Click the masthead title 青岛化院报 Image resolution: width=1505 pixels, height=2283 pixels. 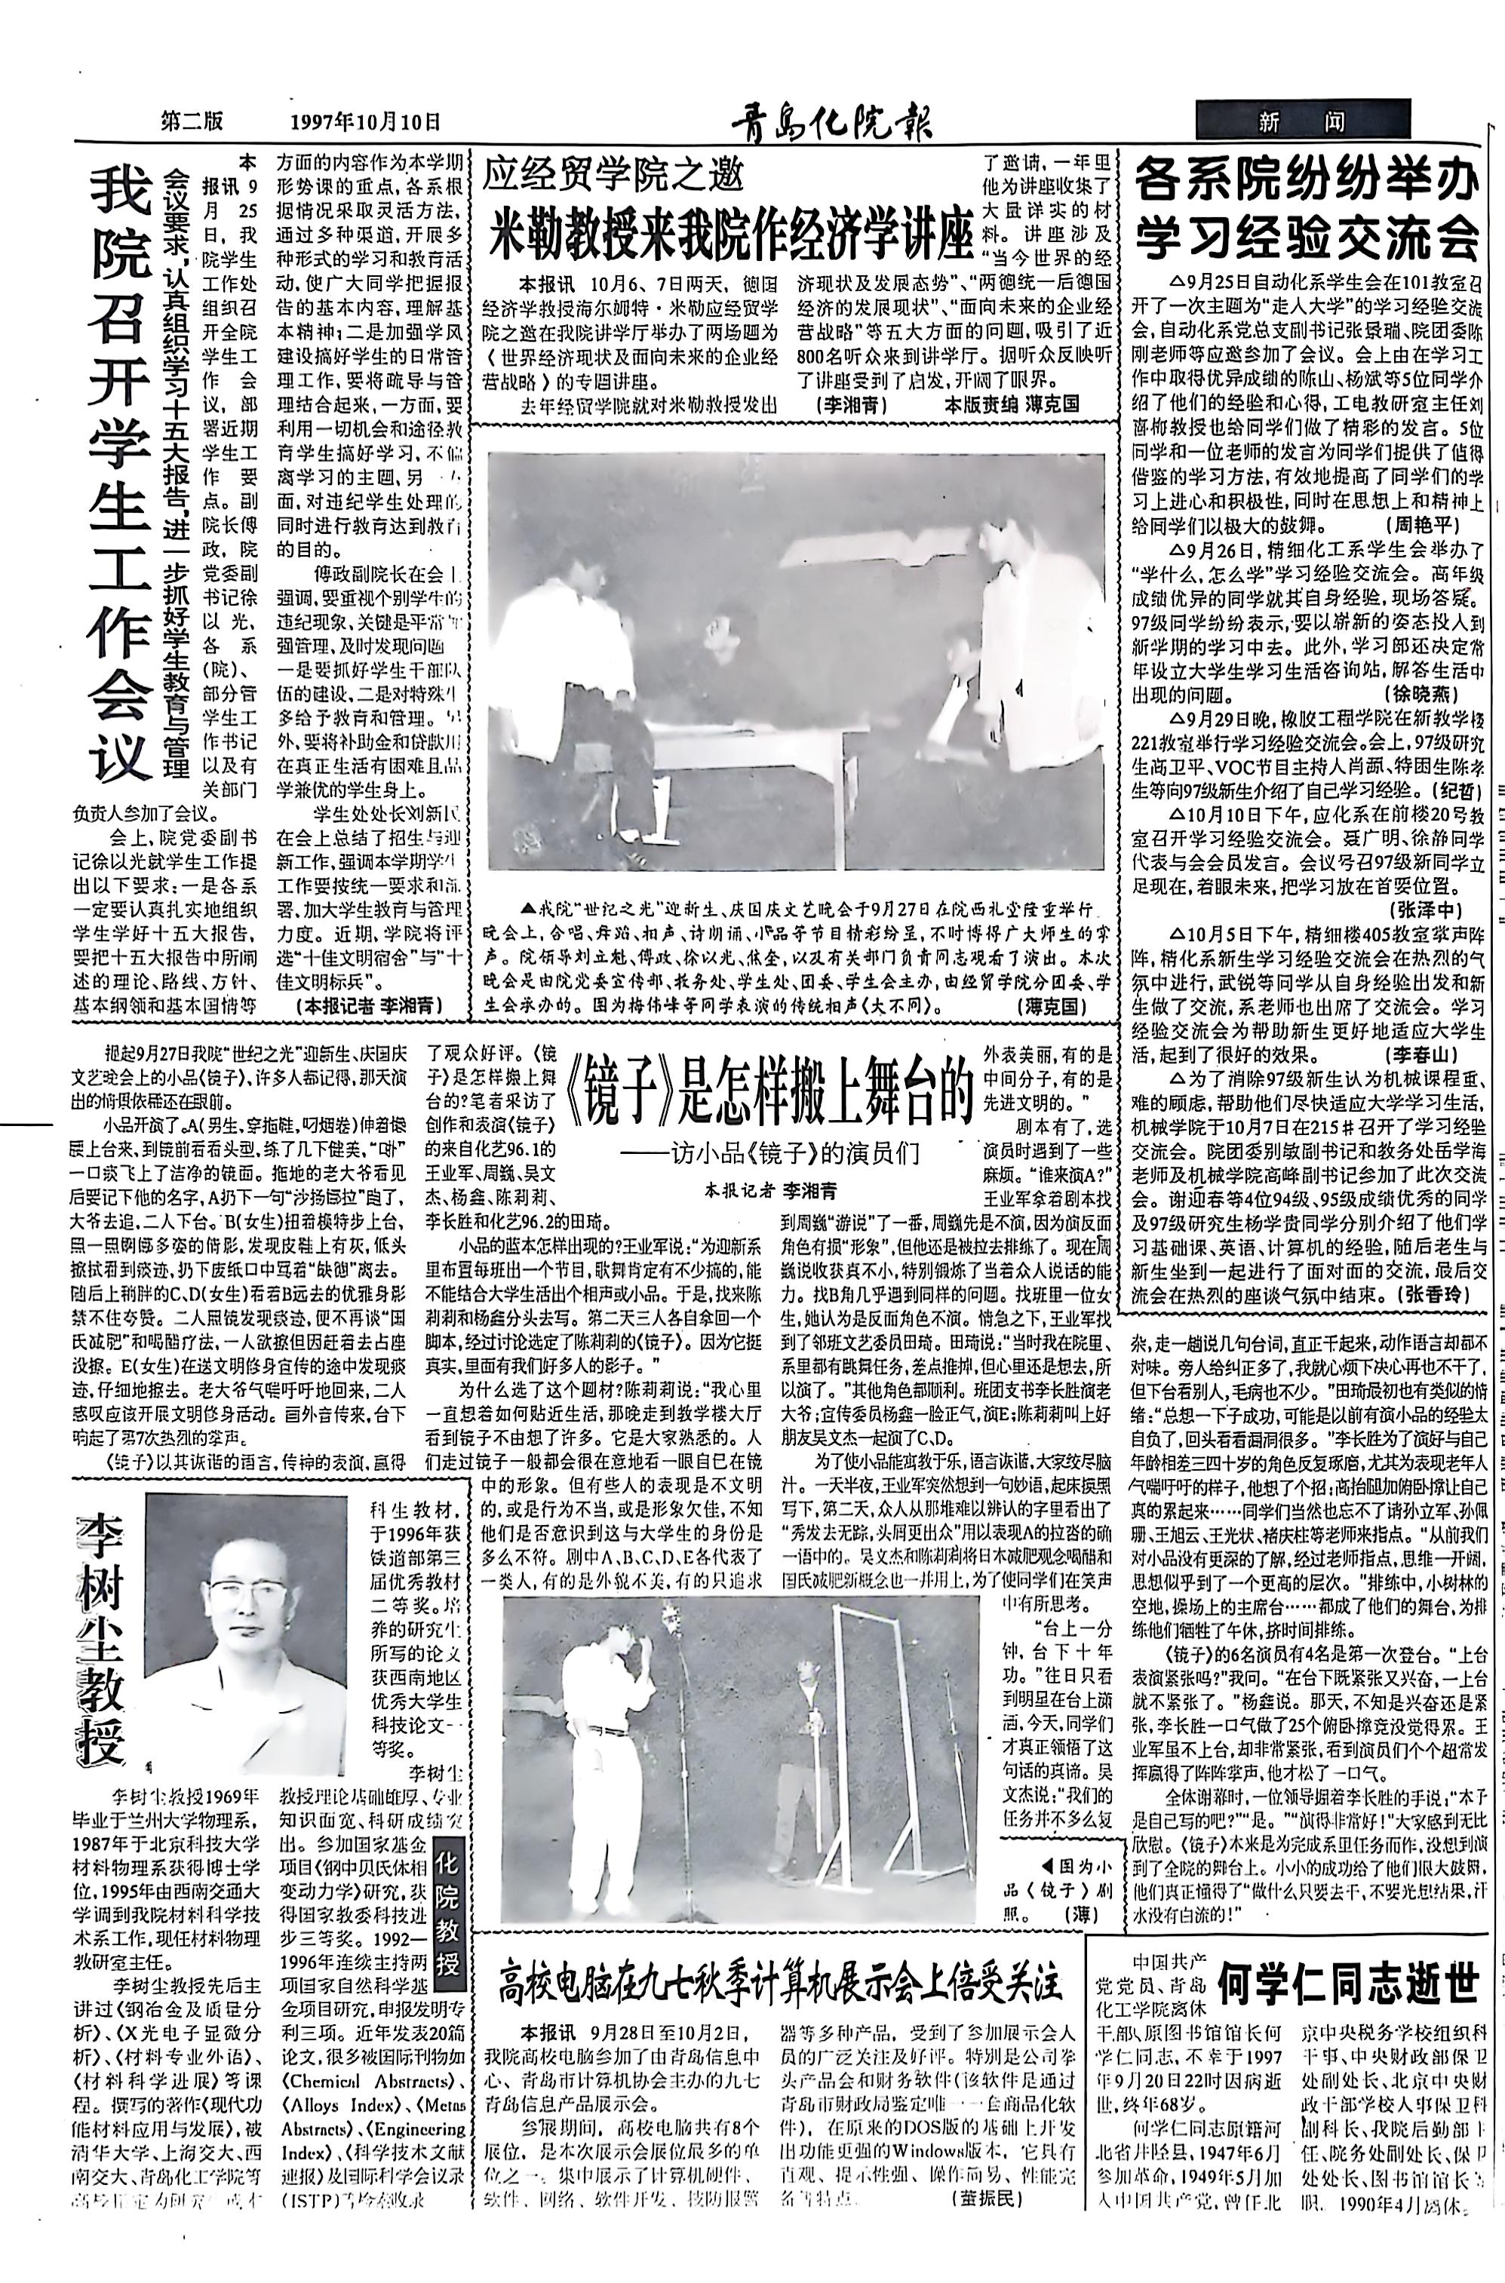coord(831,122)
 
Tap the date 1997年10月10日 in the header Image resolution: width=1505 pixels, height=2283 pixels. coord(364,122)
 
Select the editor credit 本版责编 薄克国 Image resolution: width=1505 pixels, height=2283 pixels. coord(1012,404)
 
